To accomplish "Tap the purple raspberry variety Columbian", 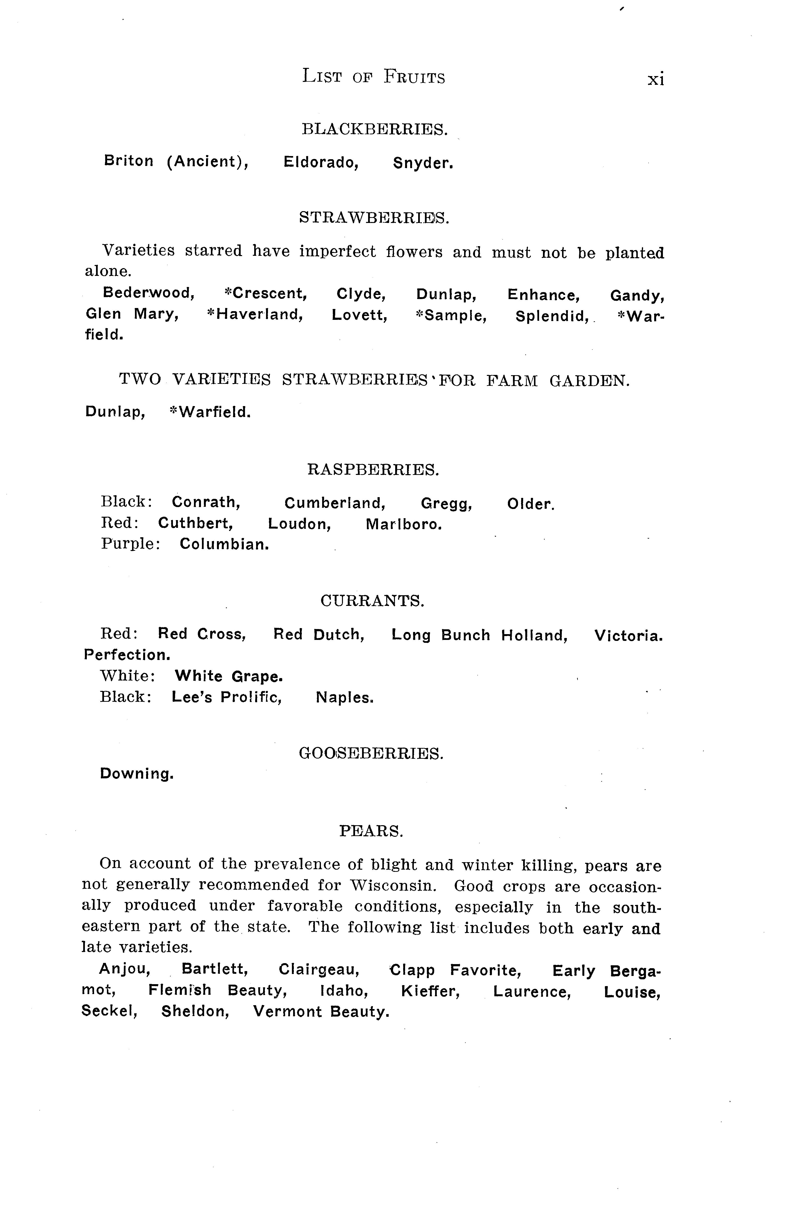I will coord(224,544).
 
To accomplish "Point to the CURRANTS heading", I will coord(372,601).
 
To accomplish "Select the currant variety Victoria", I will coord(628,636).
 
